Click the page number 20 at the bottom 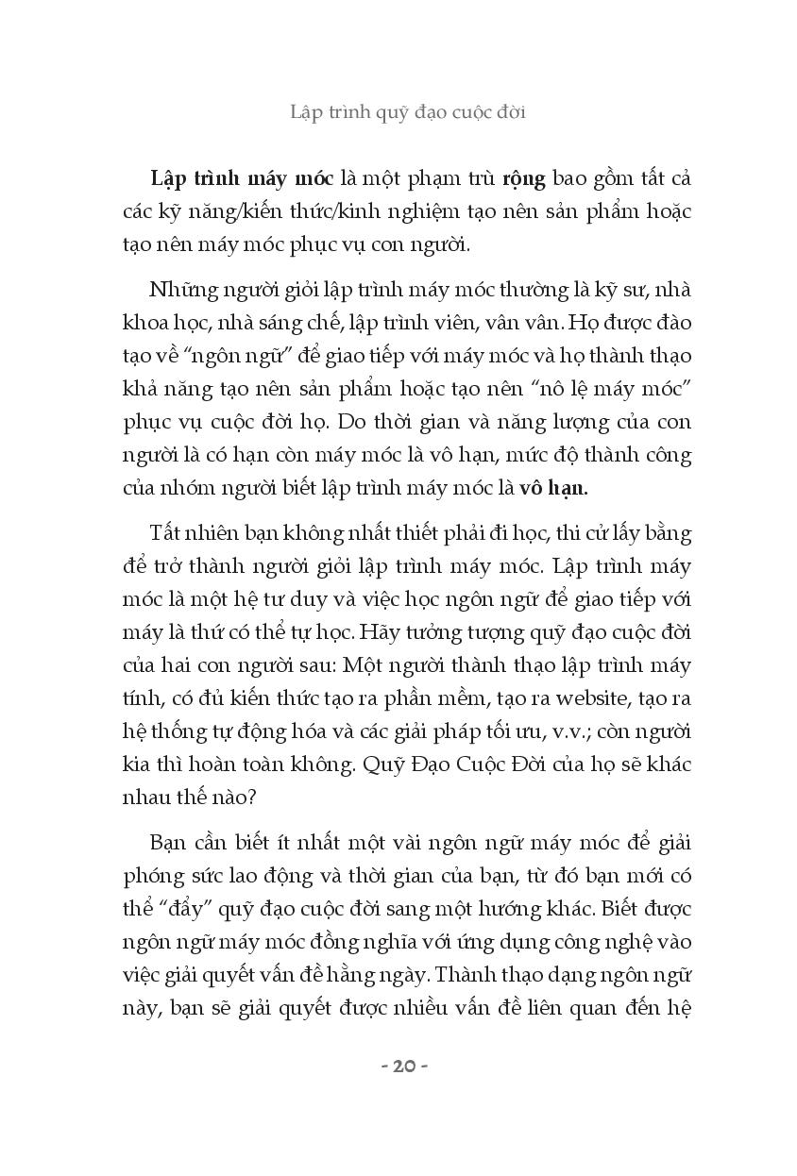coord(403,1066)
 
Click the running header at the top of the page coord(407,111)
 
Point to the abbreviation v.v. coord(549,731)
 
